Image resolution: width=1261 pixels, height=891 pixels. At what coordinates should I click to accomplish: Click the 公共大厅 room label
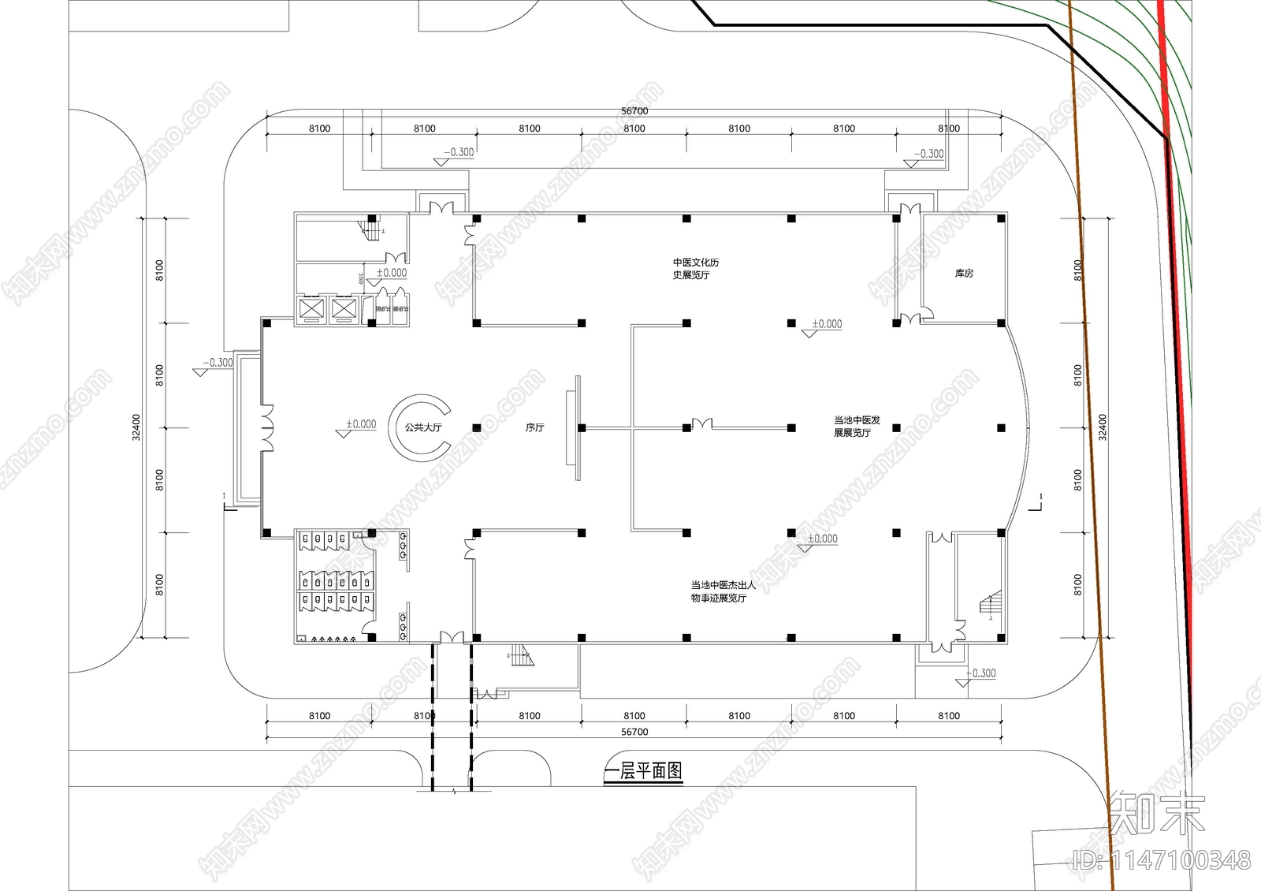pos(423,427)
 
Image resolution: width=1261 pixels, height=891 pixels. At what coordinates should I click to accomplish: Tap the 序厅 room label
pos(535,427)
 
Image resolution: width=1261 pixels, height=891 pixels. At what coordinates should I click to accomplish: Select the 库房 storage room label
pos(964,274)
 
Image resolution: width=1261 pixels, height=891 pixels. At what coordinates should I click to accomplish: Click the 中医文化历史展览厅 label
pos(695,269)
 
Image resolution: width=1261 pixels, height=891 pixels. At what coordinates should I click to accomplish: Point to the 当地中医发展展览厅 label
pos(857,427)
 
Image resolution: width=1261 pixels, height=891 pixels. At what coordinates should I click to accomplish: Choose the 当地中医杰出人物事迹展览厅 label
pos(723,591)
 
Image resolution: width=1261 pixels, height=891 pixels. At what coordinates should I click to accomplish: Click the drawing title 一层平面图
pos(643,771)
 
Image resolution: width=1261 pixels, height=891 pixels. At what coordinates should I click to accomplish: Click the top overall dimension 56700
pos(634,111)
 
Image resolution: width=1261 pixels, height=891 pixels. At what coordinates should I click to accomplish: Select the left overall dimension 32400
pos(136,427)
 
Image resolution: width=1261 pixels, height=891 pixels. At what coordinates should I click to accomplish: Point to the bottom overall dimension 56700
pos(634,732)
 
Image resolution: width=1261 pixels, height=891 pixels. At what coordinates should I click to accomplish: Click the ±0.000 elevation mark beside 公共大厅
pos(361,424)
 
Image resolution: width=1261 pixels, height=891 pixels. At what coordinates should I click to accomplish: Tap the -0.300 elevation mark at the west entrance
pos(217,363)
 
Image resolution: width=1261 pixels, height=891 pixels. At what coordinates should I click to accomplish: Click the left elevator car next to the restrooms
pos(310,308)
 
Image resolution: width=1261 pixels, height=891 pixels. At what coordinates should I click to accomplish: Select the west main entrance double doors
pos(267,428)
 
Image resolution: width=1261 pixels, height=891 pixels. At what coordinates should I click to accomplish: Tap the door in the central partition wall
pos(701,425)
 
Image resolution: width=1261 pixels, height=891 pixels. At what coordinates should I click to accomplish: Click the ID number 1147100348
pos(1162,859)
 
